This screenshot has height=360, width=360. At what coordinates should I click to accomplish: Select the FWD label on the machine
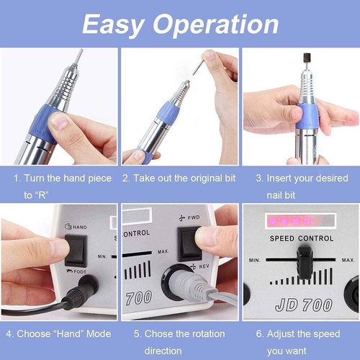[191, 214]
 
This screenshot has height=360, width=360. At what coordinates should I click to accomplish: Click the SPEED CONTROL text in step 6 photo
[300, 237]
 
